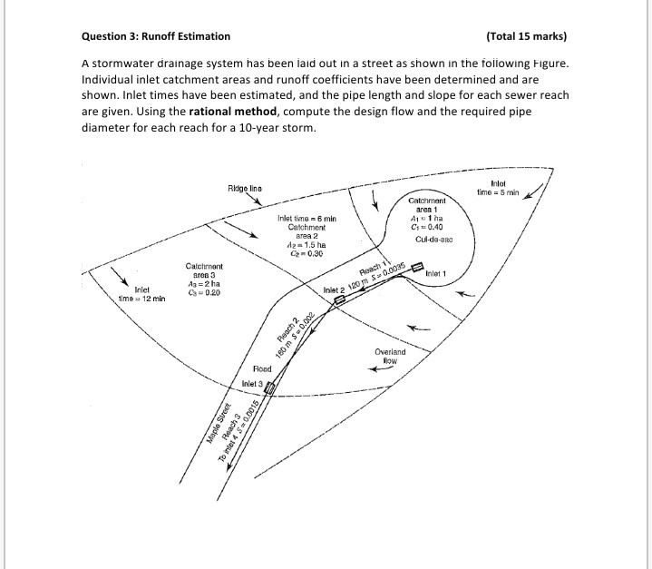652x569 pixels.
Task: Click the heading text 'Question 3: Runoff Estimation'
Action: tap(156, 36)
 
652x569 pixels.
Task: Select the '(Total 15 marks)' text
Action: tap(526, 36)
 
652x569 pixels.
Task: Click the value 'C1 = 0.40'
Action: tap(425, 227)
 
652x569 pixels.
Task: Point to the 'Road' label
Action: tap(262, 369)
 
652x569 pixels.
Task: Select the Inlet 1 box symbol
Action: tap(418, 268)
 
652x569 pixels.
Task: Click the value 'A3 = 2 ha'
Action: tap(204, 283)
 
